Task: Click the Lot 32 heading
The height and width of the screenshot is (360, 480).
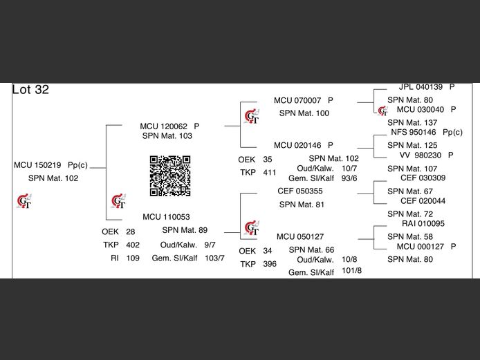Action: (30, 90)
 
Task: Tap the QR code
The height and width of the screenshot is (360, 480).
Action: (170, 176)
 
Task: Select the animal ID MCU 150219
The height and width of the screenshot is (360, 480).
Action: (37, 166)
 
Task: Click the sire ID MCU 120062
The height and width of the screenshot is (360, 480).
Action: (163, 126)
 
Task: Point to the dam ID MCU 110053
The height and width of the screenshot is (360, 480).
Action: (166, 217)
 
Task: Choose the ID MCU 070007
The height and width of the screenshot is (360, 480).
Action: (297, 101)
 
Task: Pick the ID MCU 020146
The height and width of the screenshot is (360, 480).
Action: (297, 146)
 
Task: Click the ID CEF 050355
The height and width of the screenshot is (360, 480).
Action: (299, 191)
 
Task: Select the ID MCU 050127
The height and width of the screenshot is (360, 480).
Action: (299, 237)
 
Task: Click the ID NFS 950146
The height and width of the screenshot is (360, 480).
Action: (413, 132)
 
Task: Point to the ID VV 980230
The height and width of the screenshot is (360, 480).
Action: (421, 155)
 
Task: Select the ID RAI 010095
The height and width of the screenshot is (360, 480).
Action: (423, 224)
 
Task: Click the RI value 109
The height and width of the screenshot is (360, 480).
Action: (133, 258)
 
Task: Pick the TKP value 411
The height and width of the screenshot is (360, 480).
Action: (270, 172)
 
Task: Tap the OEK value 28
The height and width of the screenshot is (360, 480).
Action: (131, 231)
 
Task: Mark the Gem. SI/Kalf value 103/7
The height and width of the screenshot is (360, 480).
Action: (214, 258)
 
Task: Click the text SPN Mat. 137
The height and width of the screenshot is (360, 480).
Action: (412, 123)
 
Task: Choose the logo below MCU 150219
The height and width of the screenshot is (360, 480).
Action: (24, 202)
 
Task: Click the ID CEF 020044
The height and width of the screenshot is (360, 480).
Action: (423, 201)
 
